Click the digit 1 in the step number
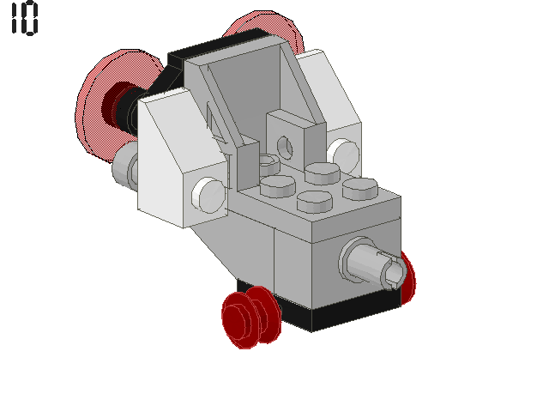tap(15, 18)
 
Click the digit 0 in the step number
tap(30, 18)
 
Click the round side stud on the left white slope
tap(208, 195)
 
